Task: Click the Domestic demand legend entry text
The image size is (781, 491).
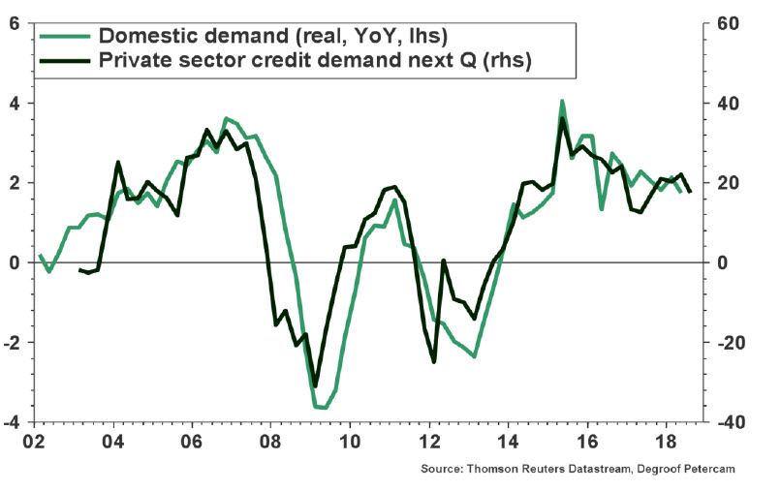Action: pos(273,36)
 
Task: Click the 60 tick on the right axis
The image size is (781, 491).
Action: pos(728,23)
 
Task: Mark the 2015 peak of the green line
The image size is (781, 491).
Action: pos(562,101)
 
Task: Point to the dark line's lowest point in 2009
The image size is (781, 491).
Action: pos(315,385)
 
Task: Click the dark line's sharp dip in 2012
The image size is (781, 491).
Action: pos(433,361)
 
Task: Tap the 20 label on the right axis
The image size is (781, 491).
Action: pos(728,183)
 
